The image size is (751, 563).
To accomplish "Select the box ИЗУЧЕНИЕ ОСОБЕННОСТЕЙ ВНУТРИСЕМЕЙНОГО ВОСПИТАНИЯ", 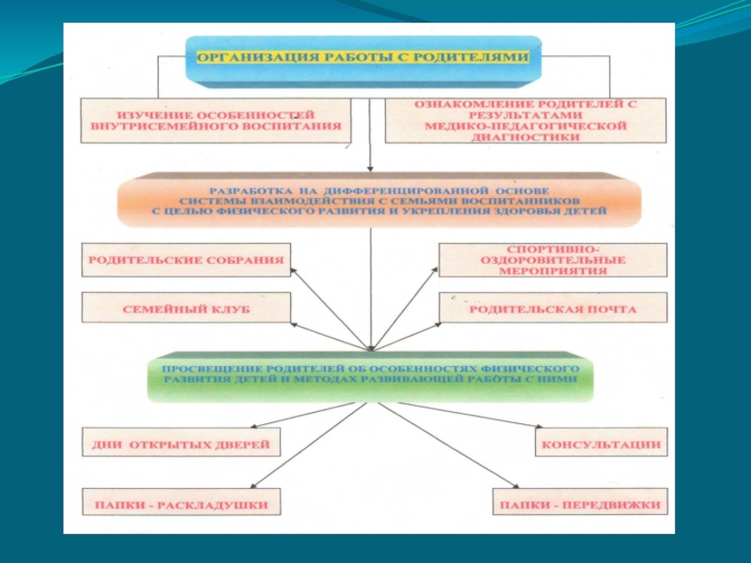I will pyautogui.click(x=216, y=119).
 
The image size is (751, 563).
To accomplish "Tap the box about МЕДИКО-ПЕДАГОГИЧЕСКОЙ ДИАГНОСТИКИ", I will pyautogui.click(x=525, y=120).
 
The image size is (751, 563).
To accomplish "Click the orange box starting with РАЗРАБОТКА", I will pyautogui.click(x=378, y=200).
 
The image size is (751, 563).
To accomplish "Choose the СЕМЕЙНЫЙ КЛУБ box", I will pyautogui.click(x=186, y=308).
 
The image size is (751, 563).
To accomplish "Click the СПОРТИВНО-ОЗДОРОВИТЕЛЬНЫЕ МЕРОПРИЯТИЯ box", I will pyautogui.click(x=553, y=259).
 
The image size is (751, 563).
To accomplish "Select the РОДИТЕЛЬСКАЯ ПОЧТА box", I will pyautogui.click(x=553, y=308).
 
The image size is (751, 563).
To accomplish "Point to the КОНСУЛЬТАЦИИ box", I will pyautogui.click(x=600, y=443).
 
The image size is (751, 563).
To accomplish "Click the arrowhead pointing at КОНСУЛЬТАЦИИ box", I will pyautogui.click(x=531, y=428).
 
